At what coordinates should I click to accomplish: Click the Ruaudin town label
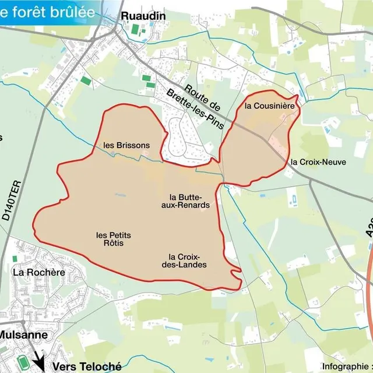point(143,16)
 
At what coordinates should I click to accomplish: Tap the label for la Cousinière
point(265,106)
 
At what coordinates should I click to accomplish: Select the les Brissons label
point(126,145)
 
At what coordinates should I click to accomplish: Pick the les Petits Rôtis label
point(114,239)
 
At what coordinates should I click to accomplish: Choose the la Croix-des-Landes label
point(188,261)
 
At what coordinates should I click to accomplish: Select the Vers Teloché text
point(87,367)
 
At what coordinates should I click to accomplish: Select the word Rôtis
point(114,243)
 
